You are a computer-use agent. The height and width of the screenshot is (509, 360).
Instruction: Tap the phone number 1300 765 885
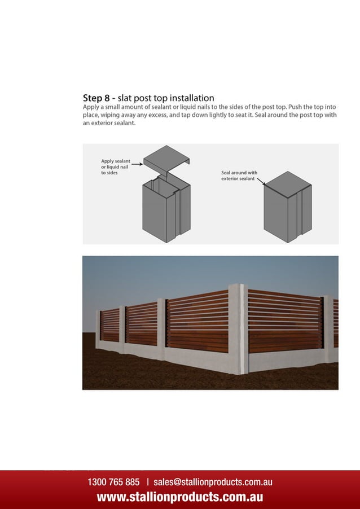click(113, 482)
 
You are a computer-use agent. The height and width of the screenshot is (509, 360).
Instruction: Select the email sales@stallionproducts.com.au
click(213, 482)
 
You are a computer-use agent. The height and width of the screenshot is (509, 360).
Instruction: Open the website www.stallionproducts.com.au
click(180, 497)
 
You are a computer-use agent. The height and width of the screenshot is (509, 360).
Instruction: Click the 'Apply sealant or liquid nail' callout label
click(115, 166)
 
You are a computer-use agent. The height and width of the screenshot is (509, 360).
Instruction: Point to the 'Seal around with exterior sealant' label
click(239, 175)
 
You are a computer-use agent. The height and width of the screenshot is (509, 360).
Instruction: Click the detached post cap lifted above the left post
click(166, 157)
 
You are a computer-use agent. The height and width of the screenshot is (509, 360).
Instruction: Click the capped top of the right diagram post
click(287, 185)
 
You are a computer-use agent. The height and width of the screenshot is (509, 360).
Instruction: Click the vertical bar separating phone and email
click(147, 482)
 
